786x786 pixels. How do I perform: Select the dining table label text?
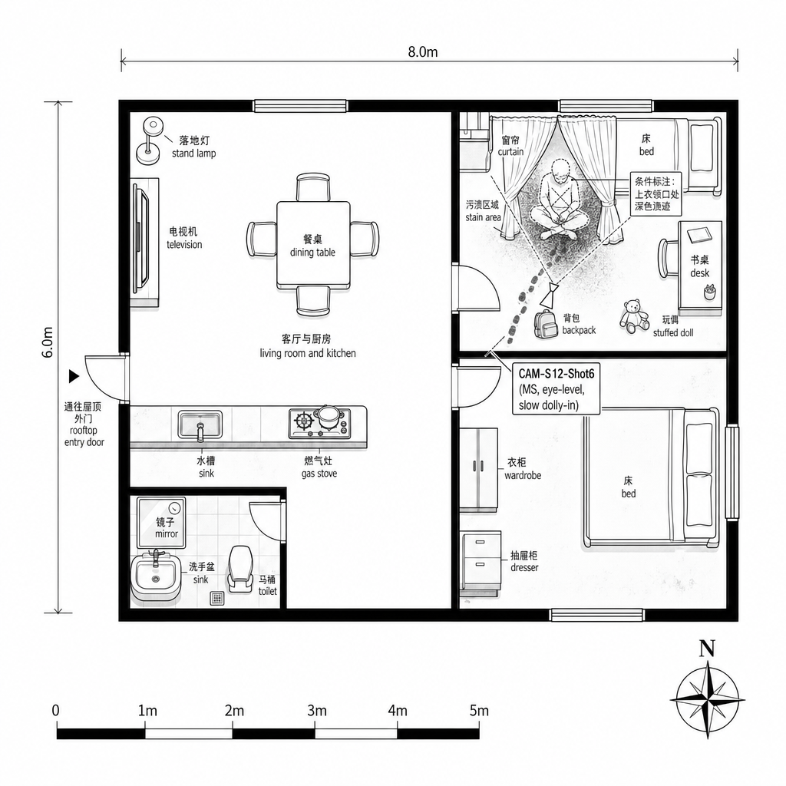click(x=312, y=246)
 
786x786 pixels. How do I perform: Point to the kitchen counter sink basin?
click(x=200, y=425)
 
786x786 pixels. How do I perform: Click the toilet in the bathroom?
click(x=240, y=569)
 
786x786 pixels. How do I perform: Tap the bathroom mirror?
click(x=161, y=523)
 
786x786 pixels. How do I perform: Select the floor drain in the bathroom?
click(x=217, y=598)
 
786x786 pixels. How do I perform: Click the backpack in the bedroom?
click(x=546, y=324)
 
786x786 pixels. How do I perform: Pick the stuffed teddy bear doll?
click(x=634, y=315)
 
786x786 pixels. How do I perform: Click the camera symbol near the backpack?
click(x=550, y=295)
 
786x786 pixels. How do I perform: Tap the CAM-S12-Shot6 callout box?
click(x=556, y=389)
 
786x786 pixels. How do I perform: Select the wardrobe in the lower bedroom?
click(x=479, y=468)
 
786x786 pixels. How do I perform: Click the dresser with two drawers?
click(x=481, y=561)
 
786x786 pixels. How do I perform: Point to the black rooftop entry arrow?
click(x=74, y=376)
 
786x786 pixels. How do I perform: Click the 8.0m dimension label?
click(x=423, y=51)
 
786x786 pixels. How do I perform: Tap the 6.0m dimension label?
click(x=48, y=342)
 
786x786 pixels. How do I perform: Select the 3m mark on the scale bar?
click(x=316, y=710)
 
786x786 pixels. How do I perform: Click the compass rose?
click(x=707, y=699)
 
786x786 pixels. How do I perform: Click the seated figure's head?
click(x=560, y=172)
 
